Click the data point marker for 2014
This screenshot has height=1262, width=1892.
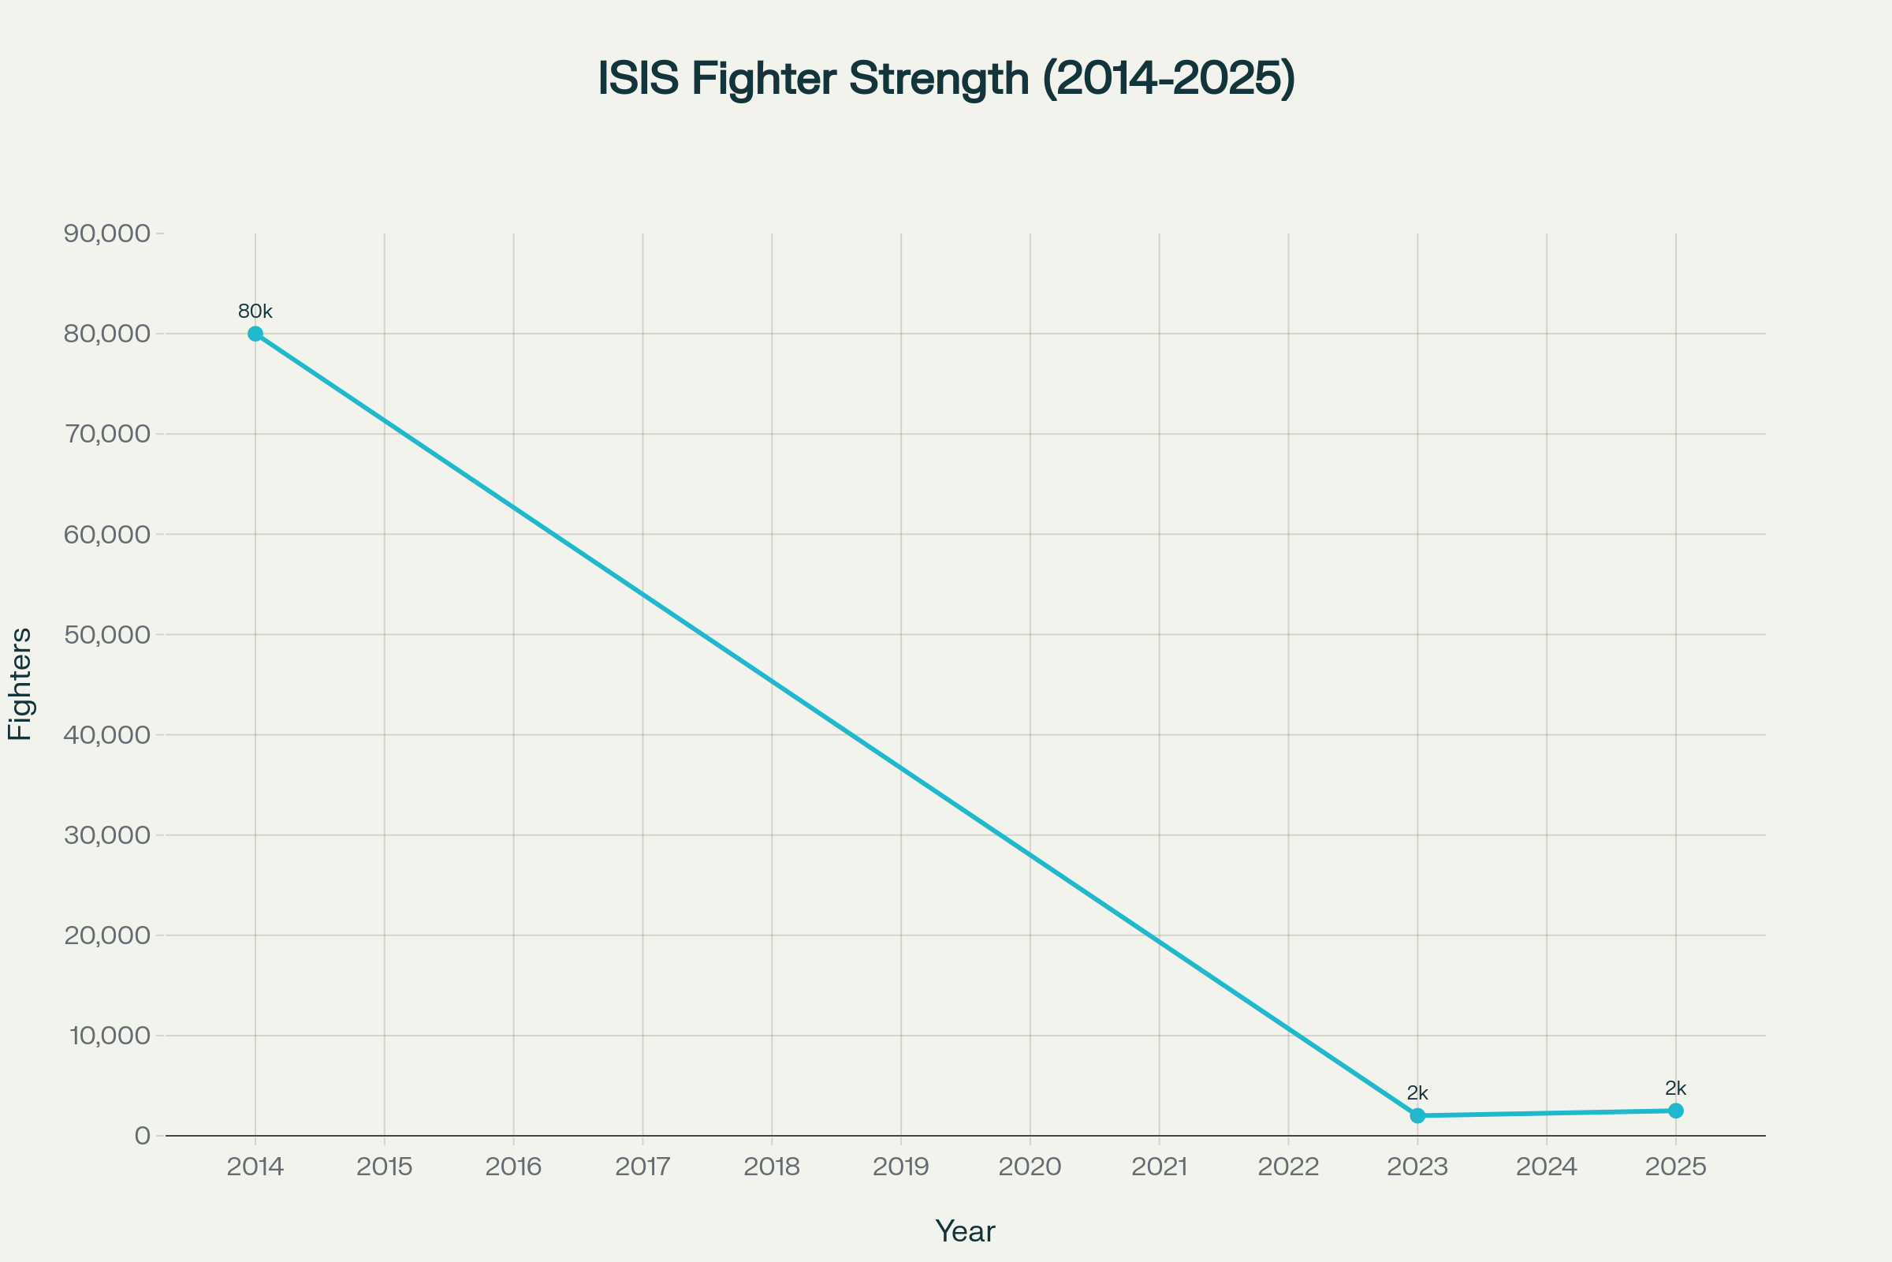click(x=255, y=334)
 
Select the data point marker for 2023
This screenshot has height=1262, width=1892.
click(x=1417, y=1115)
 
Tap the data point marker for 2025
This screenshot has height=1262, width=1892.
click(x=1676, y=1111)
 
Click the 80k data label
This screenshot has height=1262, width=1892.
click(x=255, y=312)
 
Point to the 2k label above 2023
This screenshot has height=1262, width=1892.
click(x=1417, y=1093)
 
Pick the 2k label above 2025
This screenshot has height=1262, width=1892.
click(x=1676, y=1088)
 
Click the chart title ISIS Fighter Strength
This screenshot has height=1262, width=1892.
click(x=946, y=79)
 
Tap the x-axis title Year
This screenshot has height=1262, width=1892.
click(x=964, y=1231)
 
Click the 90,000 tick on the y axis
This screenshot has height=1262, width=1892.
click(x=107, y=233)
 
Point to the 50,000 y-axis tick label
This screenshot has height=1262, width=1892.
click(x=107, y=634)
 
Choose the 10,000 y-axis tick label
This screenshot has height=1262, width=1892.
click(x=110, y=1035)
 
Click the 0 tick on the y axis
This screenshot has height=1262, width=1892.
click(x=143, y=1136)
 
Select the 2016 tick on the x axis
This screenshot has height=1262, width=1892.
click(x=513, y=1167)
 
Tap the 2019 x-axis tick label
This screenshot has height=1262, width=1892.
click(x=901, y=1167)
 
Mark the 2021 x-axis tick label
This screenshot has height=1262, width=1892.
click(x=1159, y=1167)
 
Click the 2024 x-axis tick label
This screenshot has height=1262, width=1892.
click(x=1546, y=1167)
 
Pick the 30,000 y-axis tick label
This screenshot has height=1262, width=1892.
click(x=107, y=834)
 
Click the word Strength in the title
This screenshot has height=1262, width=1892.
click(x=939, y=79)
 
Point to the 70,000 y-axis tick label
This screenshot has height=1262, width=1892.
click(x=107, y=434)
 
